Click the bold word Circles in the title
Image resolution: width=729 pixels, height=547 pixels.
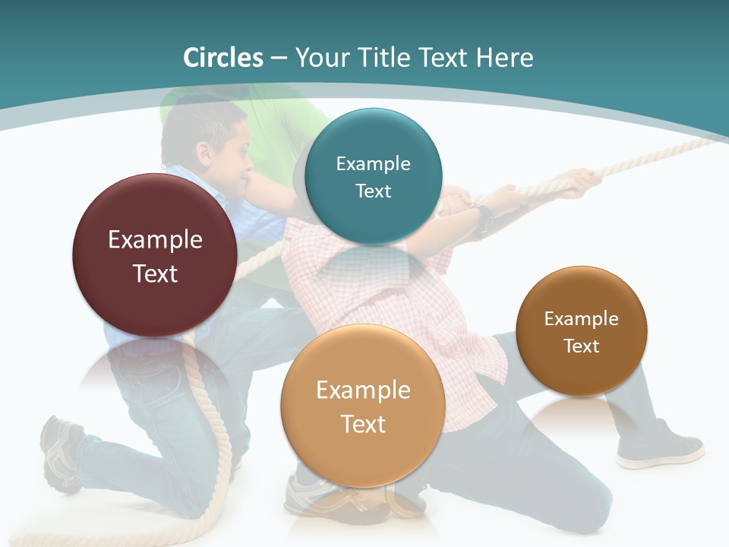222,58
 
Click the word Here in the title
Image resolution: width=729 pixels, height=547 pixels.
504,58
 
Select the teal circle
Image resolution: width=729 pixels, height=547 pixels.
373,176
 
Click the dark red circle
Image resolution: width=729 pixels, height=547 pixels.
155,255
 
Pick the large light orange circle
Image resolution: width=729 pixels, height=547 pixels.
362,406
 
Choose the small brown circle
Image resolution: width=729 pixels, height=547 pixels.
581,331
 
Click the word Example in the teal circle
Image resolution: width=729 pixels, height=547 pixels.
373,163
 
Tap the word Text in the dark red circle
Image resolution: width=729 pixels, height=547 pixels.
155,273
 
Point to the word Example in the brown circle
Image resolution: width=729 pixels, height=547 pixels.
581,318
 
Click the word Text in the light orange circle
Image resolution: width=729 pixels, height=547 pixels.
363,424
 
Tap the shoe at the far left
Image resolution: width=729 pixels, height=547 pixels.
61,451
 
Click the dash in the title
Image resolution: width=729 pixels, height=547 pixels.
278,58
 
